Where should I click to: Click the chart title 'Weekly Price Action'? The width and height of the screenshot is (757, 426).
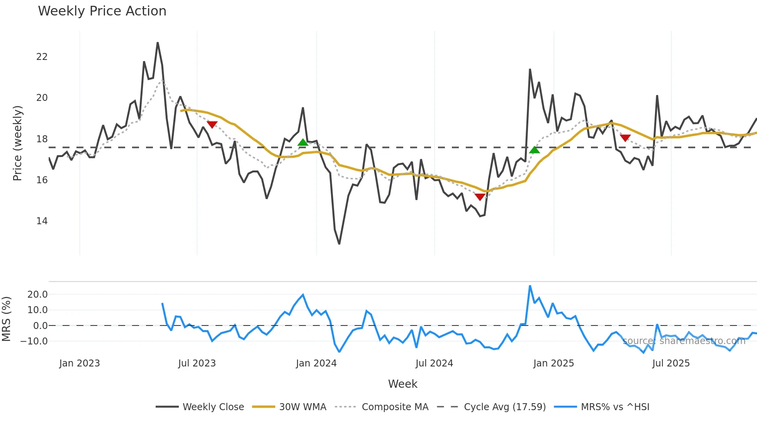(102, 11)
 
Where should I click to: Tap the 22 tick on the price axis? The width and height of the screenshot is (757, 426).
(42, 57)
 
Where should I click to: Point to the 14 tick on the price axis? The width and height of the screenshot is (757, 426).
(42, 221)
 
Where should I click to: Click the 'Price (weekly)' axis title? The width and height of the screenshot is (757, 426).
(17, 143)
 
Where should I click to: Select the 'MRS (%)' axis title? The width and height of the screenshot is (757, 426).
(6, 319)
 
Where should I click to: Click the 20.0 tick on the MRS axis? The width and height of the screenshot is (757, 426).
(37, 295)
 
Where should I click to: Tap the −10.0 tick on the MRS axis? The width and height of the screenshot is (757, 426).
(34, 341)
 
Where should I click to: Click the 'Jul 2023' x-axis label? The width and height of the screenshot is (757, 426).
(197, 363)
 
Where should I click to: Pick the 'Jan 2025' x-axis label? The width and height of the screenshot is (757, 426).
(553, 363)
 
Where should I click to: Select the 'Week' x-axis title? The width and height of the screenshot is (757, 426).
(402, 384)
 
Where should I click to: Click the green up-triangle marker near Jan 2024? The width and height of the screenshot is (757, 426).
(303, 143)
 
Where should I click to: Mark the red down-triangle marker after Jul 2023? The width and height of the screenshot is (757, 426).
(212, 124)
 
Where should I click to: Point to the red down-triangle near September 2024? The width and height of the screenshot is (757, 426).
(480, 197)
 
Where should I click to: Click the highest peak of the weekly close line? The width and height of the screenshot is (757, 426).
(158, 43)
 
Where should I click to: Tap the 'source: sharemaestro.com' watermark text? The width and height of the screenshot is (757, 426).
(684, 341)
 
